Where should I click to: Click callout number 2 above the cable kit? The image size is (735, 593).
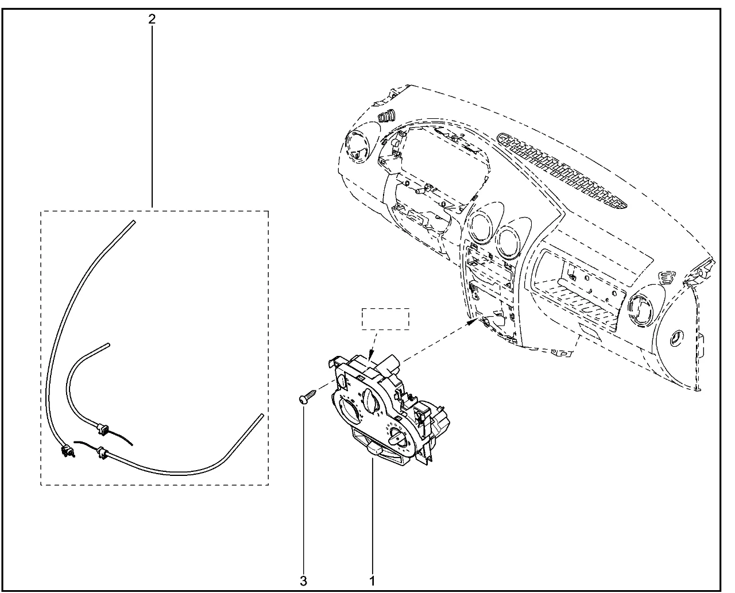pos(152,19)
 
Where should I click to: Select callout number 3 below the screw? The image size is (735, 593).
pos(303,582)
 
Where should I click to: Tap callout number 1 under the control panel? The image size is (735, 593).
pos(372,582)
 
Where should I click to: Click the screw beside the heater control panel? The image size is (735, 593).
pos(308,396)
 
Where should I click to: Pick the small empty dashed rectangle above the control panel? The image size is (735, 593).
pos(385,319)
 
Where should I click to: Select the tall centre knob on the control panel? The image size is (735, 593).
pos(372,398)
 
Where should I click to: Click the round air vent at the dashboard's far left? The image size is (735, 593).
pos(357,147)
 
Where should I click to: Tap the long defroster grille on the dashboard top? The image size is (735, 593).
pos(562,172)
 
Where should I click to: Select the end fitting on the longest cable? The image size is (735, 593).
pos(67,451)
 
